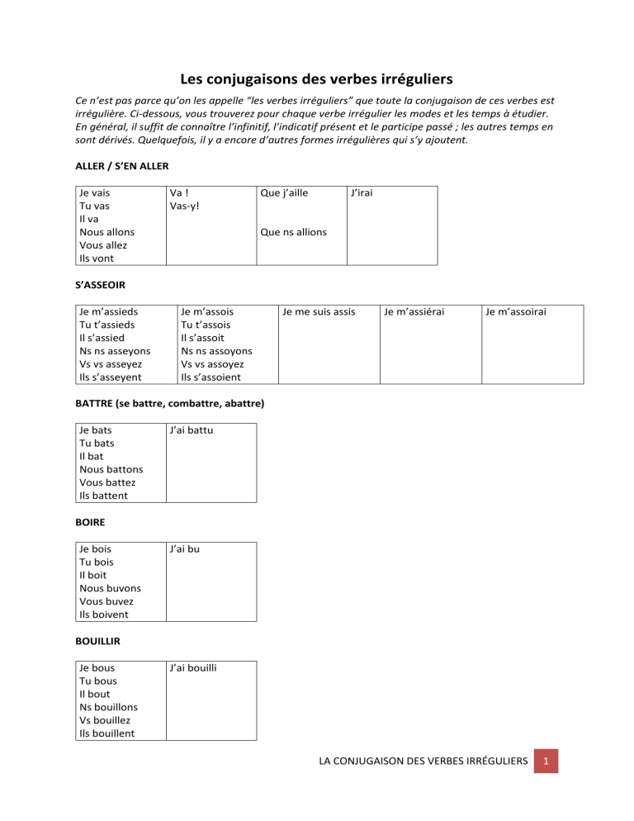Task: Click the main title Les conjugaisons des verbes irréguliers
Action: point(316,80)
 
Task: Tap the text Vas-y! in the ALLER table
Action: point(184,206)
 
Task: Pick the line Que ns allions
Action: point(293,232)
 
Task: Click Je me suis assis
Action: point(319,311)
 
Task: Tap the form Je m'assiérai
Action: point(419,311)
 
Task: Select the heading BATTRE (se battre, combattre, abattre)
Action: point(170,404)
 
